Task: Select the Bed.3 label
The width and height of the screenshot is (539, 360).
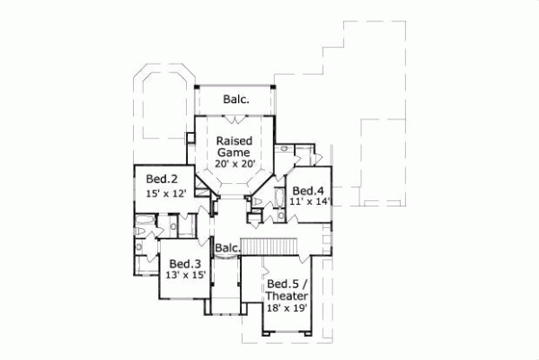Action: tap(182, 263)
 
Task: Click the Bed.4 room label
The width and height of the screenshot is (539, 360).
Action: tap(308, 190)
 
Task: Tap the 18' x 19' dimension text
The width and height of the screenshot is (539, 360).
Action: tap(287, 308)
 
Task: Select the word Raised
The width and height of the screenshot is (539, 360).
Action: tap(235, 141)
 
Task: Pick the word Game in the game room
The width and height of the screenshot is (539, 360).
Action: tap(235, 154)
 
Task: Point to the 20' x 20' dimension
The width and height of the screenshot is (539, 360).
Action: tap(235, 166)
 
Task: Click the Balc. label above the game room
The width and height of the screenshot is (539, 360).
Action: tap(235, 99)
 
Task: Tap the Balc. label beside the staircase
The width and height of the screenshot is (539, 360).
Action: tap(227, 248)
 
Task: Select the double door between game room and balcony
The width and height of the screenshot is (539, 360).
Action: tap(235, 116)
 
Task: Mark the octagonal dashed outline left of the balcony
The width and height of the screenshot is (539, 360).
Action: tap(162, 101)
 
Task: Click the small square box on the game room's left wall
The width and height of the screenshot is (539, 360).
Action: tap(190, 138)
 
